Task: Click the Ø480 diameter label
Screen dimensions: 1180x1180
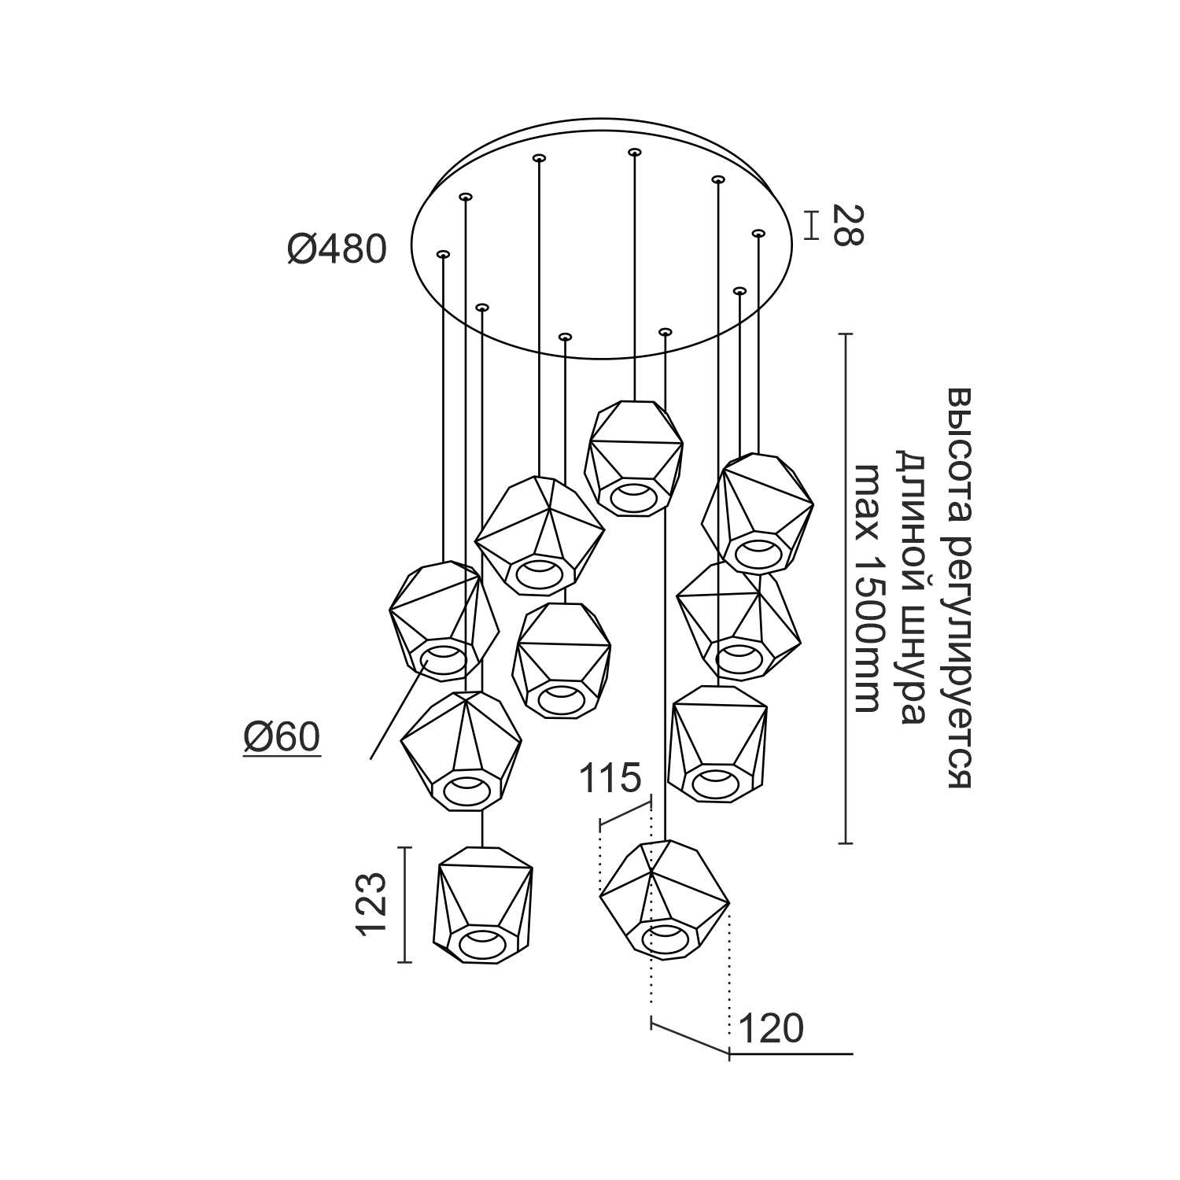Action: tap(337, 250)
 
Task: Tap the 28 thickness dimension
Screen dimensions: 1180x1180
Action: tap(846, 225)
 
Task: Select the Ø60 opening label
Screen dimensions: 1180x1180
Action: tap(282, 738)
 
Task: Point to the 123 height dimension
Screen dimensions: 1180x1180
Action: tap(372, 905)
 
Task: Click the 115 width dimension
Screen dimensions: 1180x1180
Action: tap(610, 779)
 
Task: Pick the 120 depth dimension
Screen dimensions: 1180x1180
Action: tap(772, 1028)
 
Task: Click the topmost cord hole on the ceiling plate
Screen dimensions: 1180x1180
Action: tap(634, 151)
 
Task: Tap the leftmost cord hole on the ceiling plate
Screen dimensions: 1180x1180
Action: tap(443, 254)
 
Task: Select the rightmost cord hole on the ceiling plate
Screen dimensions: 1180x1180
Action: tap(758, 233)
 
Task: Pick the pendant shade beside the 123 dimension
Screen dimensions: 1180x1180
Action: tap(483, 905)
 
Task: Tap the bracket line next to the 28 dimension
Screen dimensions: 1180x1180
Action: tap(813, 224)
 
